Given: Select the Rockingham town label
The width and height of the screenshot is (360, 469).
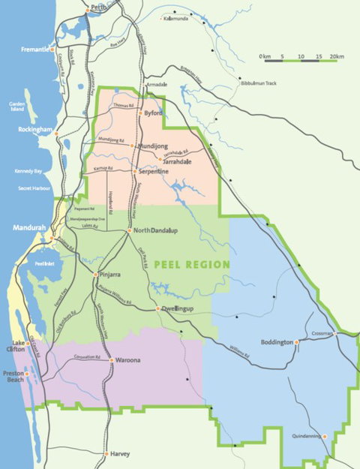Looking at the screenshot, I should coord(34,129).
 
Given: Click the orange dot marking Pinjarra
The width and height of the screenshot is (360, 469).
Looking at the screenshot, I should coord(96,275).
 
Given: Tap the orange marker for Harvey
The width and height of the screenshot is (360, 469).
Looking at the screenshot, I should coord(106,453).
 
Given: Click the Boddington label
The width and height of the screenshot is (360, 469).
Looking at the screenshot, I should coord(276,342).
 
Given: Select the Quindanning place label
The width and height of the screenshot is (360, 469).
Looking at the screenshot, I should coord(308,436).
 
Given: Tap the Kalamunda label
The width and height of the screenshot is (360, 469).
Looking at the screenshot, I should coord(176,19).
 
